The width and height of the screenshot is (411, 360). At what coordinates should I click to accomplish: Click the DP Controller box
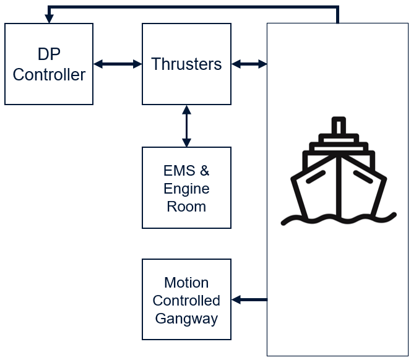49,64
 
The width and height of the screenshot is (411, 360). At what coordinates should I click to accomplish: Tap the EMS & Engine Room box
186,188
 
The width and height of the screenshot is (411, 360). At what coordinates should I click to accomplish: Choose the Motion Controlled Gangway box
186,299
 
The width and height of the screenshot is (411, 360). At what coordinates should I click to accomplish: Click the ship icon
338,173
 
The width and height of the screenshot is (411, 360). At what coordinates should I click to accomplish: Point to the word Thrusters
186,64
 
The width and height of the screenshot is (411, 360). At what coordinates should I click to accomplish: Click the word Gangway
186,319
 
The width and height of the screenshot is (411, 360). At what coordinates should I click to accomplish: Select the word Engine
186,189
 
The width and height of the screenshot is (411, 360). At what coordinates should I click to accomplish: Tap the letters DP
49,54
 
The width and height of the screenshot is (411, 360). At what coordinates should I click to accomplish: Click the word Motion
186,283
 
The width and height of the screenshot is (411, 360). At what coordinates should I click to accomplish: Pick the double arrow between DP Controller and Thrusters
118,64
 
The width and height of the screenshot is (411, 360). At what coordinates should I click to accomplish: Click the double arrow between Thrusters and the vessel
249,64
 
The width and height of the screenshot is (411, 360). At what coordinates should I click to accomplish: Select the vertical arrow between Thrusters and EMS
186,126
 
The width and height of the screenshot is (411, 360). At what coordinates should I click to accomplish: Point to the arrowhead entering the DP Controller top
48,19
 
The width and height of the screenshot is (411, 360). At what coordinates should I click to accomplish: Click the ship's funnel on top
338,127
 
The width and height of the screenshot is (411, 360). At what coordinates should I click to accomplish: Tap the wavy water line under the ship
338,219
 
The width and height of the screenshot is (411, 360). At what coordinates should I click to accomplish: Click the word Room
186,207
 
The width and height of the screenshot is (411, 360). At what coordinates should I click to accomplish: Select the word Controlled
186,301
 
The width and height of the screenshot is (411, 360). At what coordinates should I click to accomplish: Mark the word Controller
49,75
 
